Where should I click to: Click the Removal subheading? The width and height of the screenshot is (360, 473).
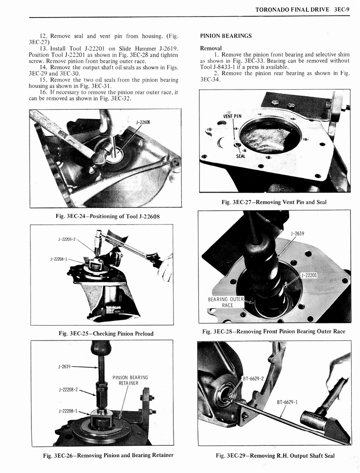(211, 48)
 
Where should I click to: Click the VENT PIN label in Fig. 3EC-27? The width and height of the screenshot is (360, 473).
(233, 116)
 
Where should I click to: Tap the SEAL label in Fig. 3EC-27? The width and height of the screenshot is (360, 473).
(240, 156)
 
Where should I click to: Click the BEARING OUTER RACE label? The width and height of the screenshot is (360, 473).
(227, 302)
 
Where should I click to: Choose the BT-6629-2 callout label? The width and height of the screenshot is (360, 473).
(253, 379)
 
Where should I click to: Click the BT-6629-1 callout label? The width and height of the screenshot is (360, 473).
(287, 402)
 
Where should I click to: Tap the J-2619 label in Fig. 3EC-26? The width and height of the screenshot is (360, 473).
(64, 367)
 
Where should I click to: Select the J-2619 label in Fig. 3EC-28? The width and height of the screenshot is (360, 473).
(297, 233)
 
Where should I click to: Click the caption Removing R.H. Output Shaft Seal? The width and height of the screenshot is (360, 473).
(275, 455)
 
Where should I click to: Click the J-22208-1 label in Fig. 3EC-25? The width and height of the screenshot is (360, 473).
(59, 259)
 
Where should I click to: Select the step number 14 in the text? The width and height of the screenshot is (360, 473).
(44, 67)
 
